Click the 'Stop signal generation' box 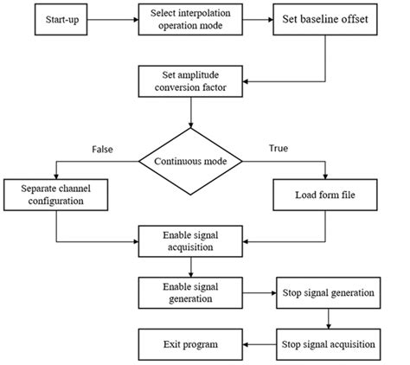pyautogui.click(x=327, y=292)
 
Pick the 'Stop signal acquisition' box pyautogui.click(x=327, y=343)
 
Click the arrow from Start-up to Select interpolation pyautogui.click(x=113, y=19)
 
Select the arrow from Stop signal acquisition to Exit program pyautogui.click(x=259, y=343)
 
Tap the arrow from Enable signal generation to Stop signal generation pyautogui.click(x=259, y=292)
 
